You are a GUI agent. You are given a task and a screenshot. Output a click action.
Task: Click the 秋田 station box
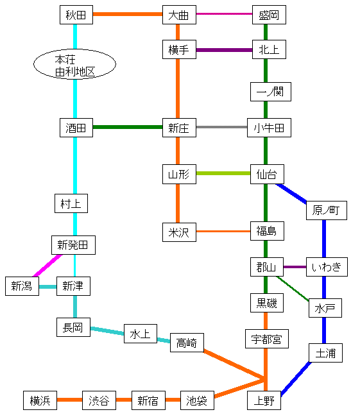(76, 15)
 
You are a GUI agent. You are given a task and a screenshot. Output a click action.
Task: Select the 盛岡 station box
(269, 15)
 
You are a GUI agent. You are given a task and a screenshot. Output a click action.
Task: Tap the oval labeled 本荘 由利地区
(75, 64)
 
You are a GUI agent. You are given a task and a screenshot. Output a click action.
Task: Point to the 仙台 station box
(267, 175)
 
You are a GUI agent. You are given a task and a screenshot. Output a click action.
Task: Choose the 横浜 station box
(40, 400)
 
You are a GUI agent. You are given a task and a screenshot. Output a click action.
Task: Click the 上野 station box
(264, 400)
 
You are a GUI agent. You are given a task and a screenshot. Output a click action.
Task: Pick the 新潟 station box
(22, 286)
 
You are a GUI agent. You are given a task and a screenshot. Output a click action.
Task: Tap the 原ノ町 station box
(327, 210)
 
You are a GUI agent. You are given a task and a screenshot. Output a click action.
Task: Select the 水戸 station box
(325, 308)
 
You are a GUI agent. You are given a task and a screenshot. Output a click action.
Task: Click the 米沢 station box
(179, 232)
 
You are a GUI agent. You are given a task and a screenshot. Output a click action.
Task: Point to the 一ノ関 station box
(271, 92)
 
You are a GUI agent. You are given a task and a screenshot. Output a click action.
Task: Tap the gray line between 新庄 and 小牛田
(221, 127)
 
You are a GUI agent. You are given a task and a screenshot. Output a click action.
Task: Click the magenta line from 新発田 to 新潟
(47, 266)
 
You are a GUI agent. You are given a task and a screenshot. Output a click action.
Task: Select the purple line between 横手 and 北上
(224, 50)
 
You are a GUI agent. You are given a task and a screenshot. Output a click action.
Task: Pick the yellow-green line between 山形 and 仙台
(223, 173)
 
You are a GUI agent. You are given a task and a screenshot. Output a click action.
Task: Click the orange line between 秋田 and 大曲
(128, 14)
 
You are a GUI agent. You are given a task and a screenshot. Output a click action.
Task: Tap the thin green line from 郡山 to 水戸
(293, 289)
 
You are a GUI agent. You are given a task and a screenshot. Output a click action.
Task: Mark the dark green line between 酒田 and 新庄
(128, 127)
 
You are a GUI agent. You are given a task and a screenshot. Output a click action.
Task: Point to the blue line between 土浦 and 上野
(296, 379)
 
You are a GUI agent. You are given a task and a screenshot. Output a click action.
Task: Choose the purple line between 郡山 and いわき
(295, 267)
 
